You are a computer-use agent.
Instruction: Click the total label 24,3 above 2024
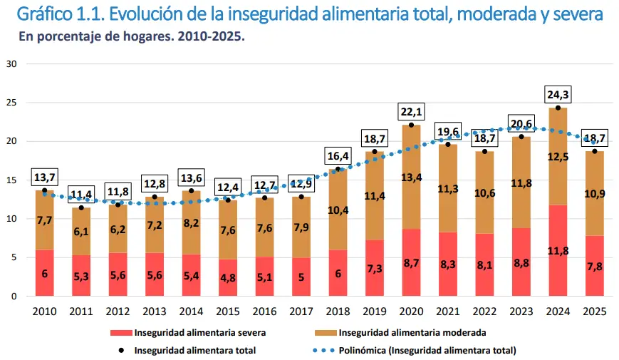(x=558, y=94)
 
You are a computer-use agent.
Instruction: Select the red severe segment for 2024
(x=558, y=250)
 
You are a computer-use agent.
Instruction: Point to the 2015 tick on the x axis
(x=227, y=311)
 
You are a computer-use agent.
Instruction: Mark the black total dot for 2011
(x=81, y=207)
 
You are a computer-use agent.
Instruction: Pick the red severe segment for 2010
(x=44, y=272)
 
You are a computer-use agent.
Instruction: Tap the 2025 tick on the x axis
(x=595, y=311)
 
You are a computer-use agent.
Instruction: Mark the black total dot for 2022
(x=484, y=151)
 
